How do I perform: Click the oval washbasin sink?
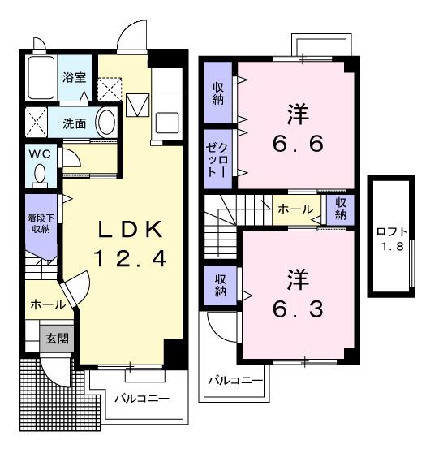pos(105,123)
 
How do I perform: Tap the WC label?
pos(40,153)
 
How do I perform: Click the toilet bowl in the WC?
pos(40,173)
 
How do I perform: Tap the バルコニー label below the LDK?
pos(140,399)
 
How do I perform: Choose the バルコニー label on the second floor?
pos(234,379)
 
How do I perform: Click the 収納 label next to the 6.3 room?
pos(220,285)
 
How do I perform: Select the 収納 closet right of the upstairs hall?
pos(338,209)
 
